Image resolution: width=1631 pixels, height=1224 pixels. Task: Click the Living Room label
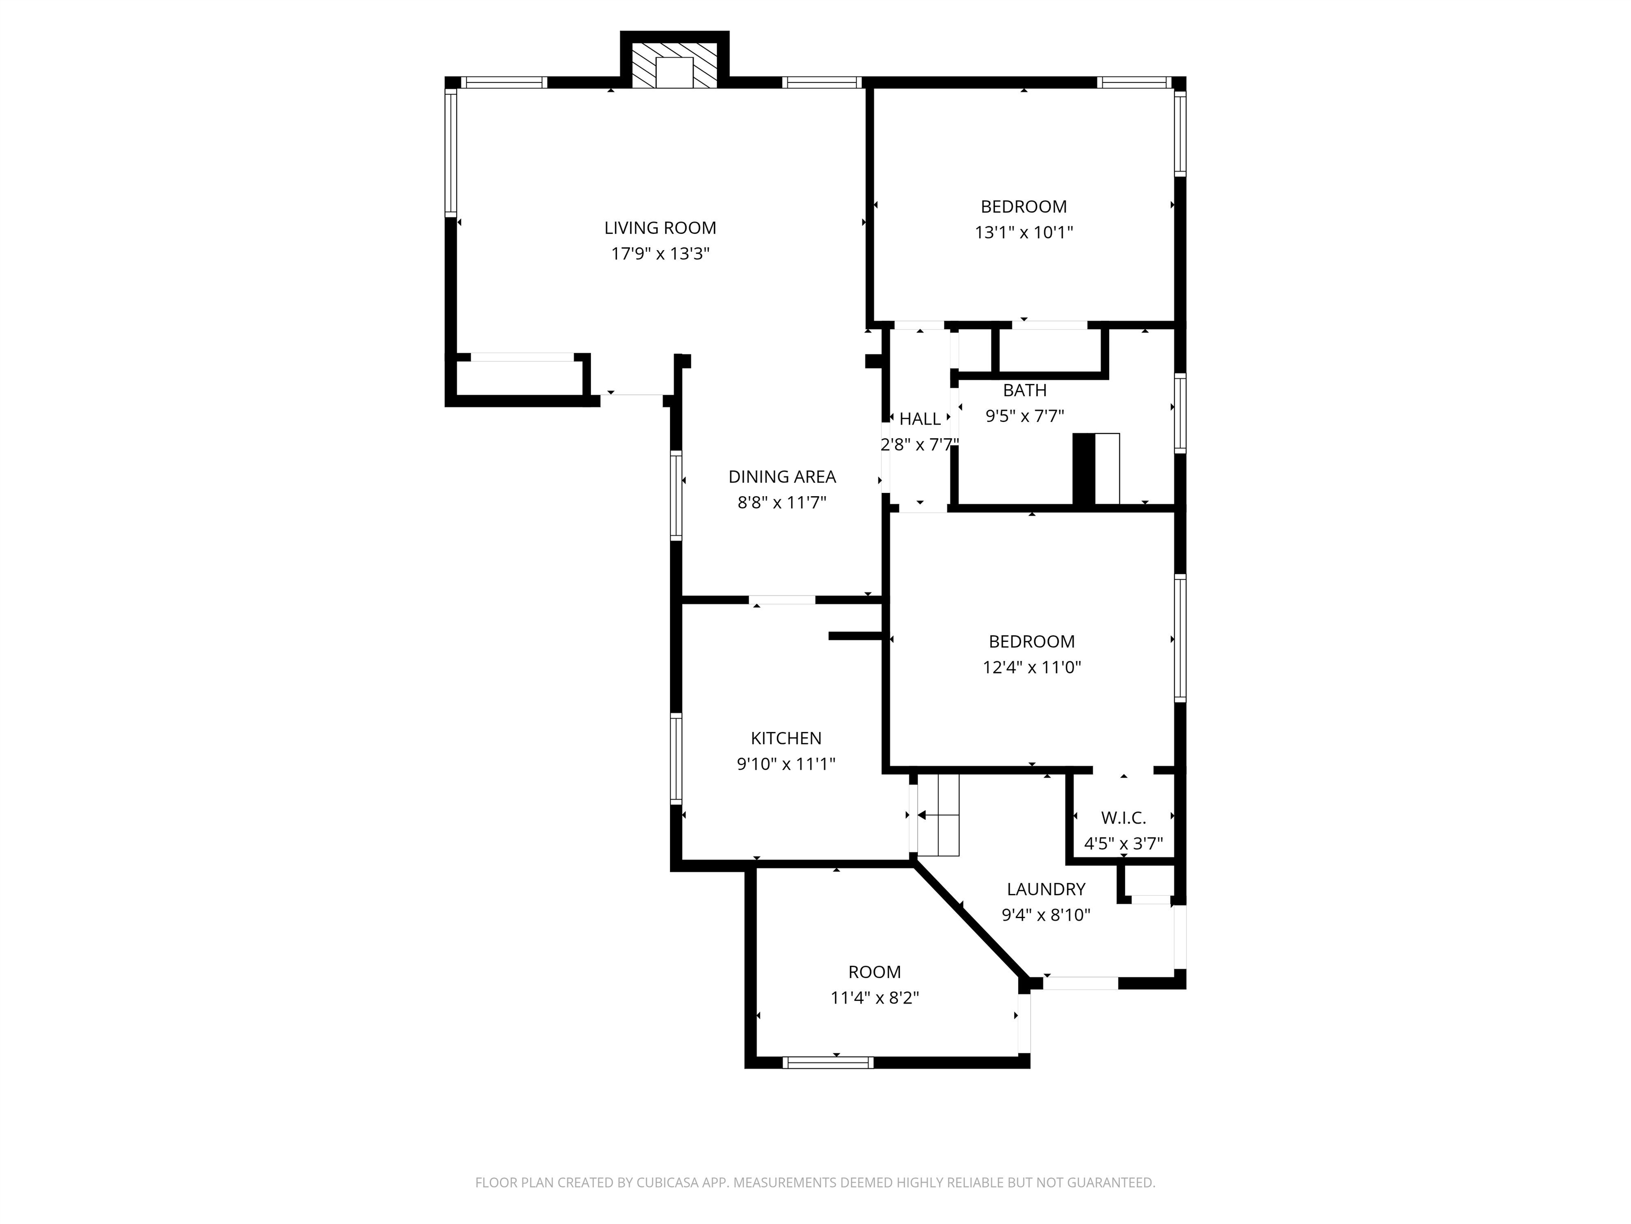(660, 228)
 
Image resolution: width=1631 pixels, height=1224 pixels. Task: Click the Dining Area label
(782, 477)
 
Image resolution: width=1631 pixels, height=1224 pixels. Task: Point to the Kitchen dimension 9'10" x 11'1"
(785, 763)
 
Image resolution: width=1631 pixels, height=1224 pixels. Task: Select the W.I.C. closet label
(1123, 818)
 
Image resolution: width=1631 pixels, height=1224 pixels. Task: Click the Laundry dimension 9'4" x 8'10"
(1045, 915)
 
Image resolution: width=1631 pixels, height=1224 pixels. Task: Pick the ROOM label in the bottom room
(874, 972)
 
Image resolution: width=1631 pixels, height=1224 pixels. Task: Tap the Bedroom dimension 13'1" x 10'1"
(1024, 232)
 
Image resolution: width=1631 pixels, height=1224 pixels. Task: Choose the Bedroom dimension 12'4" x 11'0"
(1032, 667)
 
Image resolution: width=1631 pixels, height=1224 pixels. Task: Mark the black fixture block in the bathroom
(1083, 469)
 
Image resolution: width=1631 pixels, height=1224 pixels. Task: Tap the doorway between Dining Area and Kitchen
(783, 600)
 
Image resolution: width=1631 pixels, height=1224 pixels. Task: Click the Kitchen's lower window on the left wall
(675, 758)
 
